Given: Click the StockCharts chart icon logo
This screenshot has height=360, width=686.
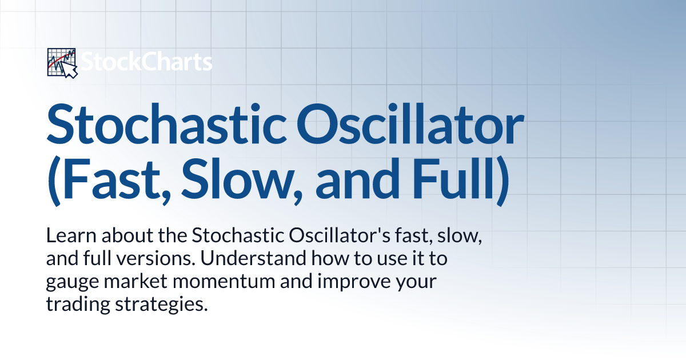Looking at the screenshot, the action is (x=62, y=63).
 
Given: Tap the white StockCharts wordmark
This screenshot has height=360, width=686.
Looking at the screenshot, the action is (x=147, y=62).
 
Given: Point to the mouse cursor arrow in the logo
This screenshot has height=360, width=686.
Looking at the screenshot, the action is (x=70, y=70).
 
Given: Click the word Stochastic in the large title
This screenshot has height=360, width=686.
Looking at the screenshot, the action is (x=166, y=123).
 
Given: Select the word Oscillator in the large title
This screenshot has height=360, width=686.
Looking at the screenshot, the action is (x=410, y=123).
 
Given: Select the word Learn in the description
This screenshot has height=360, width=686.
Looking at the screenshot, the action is (x=71, y=235).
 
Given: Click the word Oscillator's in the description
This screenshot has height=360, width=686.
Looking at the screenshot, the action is (x=340, y=235).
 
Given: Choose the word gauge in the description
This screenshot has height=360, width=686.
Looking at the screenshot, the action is (x=73, y=282).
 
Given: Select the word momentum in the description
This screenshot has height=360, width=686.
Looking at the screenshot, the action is (x=224, y=282).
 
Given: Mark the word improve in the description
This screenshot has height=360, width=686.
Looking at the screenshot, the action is (x=353, y=281).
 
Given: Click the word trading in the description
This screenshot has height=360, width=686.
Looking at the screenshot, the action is (x=78, y=305).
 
